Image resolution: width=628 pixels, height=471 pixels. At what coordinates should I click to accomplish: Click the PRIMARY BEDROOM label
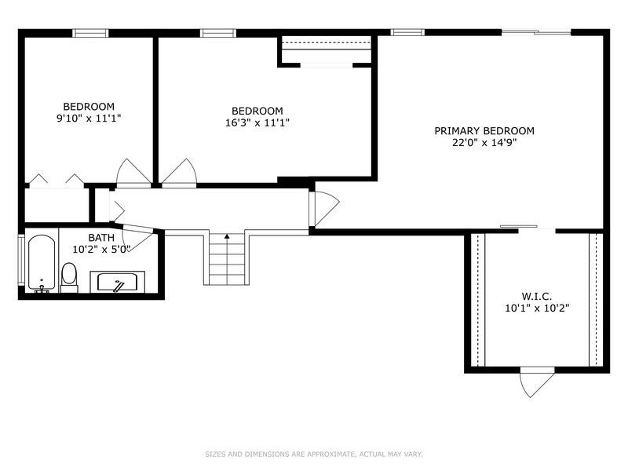pyautogui.click(x=484, y=131)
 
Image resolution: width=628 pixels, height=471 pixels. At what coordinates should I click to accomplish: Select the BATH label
pyautogui.click(x=101, y=238)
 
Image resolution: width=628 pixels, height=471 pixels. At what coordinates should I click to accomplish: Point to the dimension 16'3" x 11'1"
pyautogui.click(x=257, y=122)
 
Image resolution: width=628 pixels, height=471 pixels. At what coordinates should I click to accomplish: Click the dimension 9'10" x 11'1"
pyautogui.click(x=89, y=119)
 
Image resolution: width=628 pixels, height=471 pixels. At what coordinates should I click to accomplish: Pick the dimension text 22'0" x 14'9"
pyautogui.click(x=484, y=143)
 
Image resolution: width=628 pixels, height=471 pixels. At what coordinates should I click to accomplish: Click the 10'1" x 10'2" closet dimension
pyautogui.click(x=537, y=309)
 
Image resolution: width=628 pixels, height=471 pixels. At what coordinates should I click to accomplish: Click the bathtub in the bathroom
pyautogui.click(x=42, y=263)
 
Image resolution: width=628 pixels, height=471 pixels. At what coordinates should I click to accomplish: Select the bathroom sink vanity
pyautogui.click(x=117, y=282)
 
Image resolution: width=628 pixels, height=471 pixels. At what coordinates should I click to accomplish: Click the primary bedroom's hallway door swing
pyautogui.click(x=324, y=208)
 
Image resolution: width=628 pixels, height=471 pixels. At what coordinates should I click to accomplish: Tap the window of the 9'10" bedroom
pyautogui.click(x=90, y=33)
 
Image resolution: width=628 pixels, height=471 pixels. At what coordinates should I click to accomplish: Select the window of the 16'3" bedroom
pyautogui.click(x=218, y=33)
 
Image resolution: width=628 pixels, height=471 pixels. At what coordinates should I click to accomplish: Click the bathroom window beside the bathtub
pyautogui.click(x=21, y=261)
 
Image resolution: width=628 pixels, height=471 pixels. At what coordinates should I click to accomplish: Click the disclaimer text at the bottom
pyautogui.click(x=313, y=455)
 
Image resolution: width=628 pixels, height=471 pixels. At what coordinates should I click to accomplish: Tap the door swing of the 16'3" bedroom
pyautogui.click(x=179, y=173)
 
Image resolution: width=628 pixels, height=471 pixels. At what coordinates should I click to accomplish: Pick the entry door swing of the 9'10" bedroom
pyautogui.click(x=133, y=173)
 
